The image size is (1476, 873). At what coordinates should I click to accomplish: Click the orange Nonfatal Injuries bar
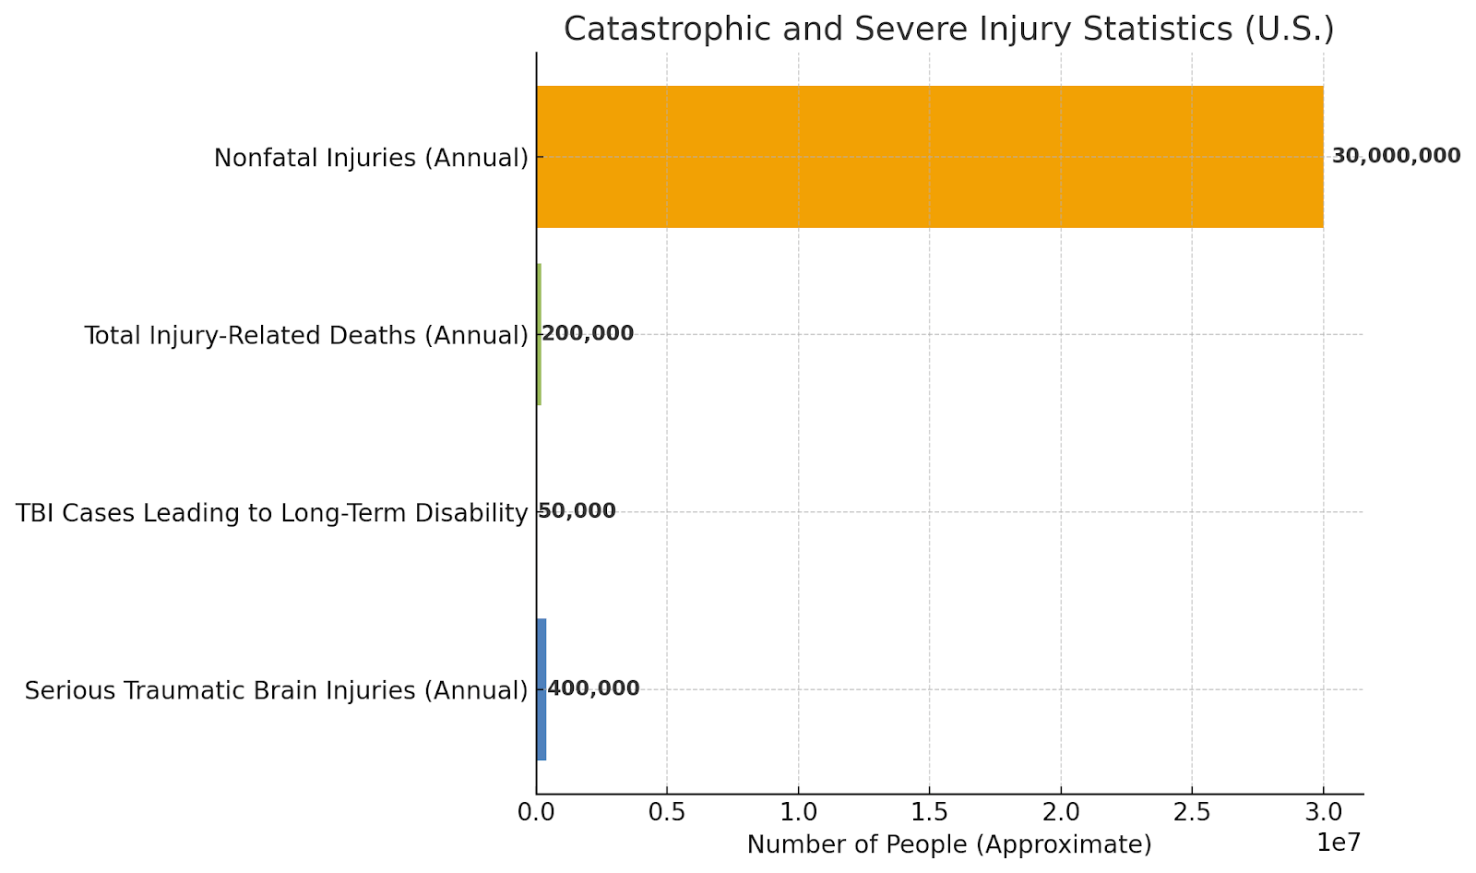[x=930, y=157]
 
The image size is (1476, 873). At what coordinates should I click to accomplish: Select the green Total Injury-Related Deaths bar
[x=539, y=334]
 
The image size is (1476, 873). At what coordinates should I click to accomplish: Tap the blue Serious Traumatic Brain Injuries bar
[x=542, y=689]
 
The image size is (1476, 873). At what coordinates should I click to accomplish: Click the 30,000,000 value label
[x=1396, y=156]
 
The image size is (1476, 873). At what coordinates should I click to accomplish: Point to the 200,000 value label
[x=588, y=334]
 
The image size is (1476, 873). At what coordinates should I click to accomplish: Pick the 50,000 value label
[x=577, y=511]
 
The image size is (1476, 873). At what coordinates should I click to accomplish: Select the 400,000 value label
[x=593, y=688]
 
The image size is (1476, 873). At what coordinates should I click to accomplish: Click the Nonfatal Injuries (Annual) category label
[x=371, y=158]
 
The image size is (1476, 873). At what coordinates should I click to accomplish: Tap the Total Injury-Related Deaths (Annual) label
[x=306, y=335]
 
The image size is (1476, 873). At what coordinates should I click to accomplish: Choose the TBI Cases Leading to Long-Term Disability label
[x=272, y=513]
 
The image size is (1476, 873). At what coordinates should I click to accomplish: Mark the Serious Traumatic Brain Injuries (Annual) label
[x=276, y=690]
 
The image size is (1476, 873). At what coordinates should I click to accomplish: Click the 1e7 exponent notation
[x=1339, y=843]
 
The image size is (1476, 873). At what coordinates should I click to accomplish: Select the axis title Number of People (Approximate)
[x=949, y=844]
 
